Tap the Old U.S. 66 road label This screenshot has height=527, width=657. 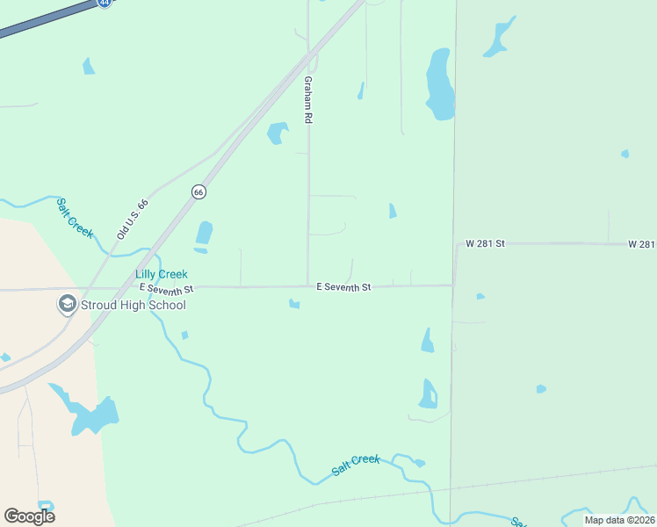pos(134,220)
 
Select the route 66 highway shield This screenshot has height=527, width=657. pos(199,191)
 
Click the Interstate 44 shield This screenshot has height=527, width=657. pos(105,3)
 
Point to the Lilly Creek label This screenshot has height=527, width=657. pos(162,275)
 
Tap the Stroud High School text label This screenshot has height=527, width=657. pos(133,305)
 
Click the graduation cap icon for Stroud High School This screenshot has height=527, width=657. pos(67,305)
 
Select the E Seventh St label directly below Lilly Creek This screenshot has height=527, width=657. pos(165,288)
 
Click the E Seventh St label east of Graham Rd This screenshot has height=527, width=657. pos(343,287)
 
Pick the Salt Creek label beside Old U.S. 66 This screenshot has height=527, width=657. pos(75,217)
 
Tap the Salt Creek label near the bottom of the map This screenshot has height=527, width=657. pos(356,465)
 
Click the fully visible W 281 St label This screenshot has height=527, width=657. pos(486,242)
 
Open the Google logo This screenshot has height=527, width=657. pos(29,516)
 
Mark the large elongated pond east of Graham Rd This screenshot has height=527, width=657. pos(439,85)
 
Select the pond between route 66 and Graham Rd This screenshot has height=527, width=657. pos(278,133)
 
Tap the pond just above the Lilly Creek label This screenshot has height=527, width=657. pos(204,235)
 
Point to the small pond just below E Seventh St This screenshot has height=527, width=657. pos(294,304)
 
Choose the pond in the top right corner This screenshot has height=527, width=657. pos(500,36)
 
